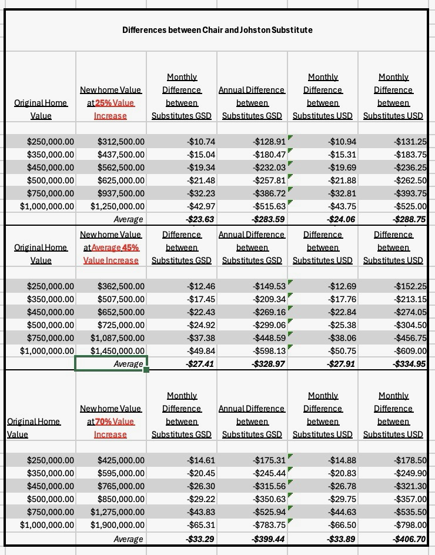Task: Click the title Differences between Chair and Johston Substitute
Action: (217, 29)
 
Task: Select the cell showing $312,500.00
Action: (121, 142)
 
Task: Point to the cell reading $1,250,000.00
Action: (117, 206)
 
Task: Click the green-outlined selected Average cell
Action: (111, 364)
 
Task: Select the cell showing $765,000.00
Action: (121, 486)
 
